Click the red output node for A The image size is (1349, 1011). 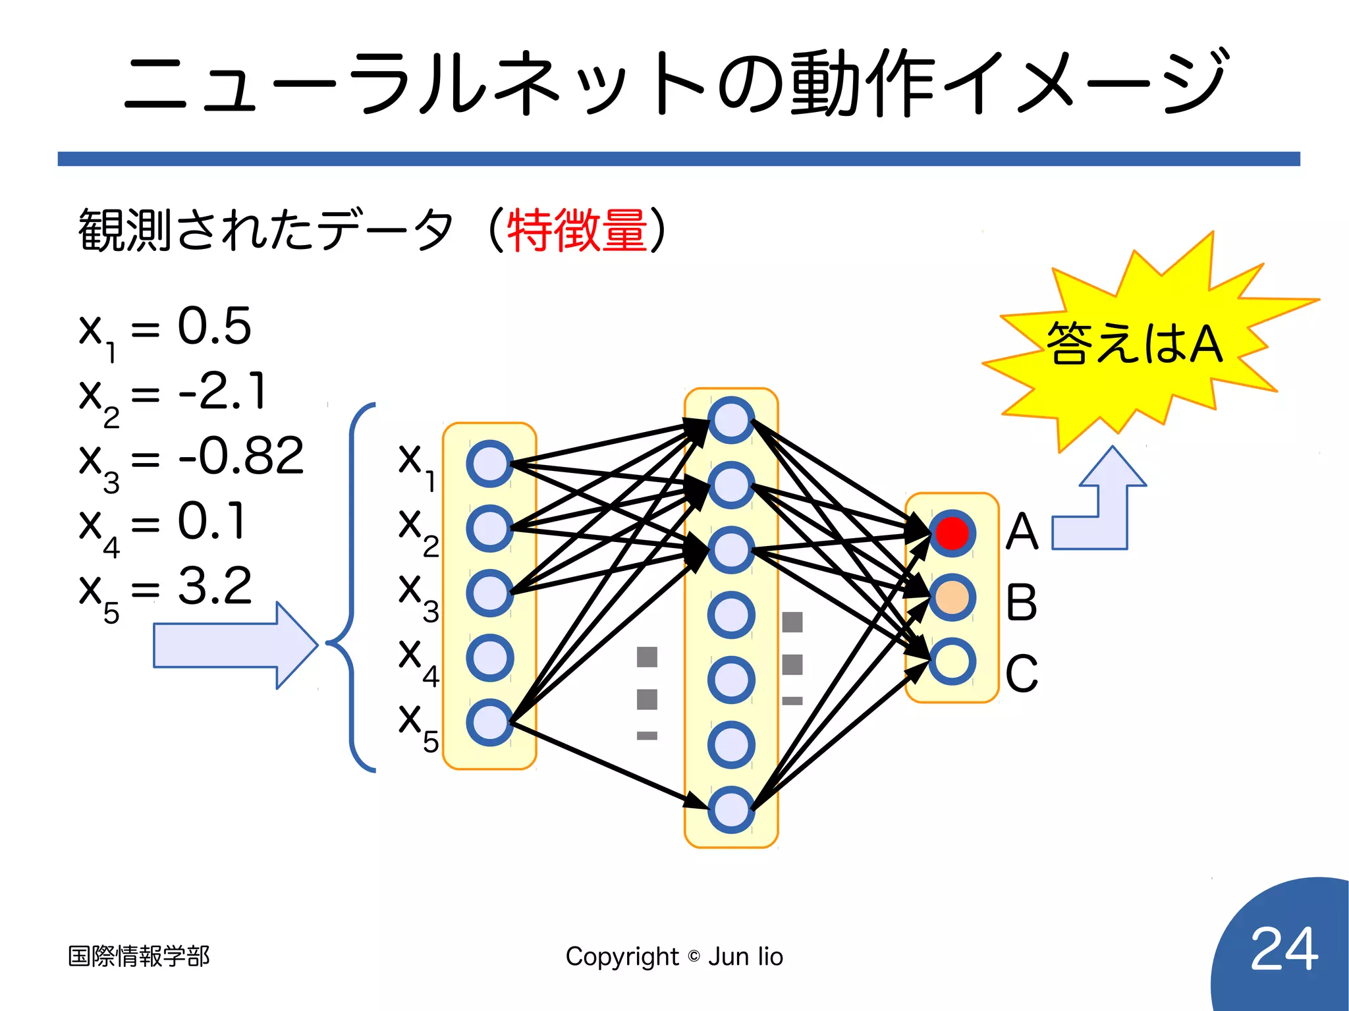click(952, 533)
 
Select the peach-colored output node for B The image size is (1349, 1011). click(952, 597)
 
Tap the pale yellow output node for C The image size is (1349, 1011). click(952, 661)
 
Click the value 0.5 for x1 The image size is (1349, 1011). click(214, 325)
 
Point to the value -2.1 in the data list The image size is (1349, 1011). click(223, 391)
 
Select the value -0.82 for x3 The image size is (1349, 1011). click(241, 455)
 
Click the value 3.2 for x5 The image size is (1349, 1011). click(215, 585)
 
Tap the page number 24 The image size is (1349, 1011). click(1284, 948)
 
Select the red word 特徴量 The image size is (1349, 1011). click(577, 230)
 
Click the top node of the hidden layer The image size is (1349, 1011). click(731, 420)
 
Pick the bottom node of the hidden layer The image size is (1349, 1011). click(731, 809)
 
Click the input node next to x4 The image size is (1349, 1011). click(489, 657)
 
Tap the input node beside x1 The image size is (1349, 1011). click(489, 464)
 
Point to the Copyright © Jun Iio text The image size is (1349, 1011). click(674, 956)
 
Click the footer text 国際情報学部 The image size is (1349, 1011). click(138, 956)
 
